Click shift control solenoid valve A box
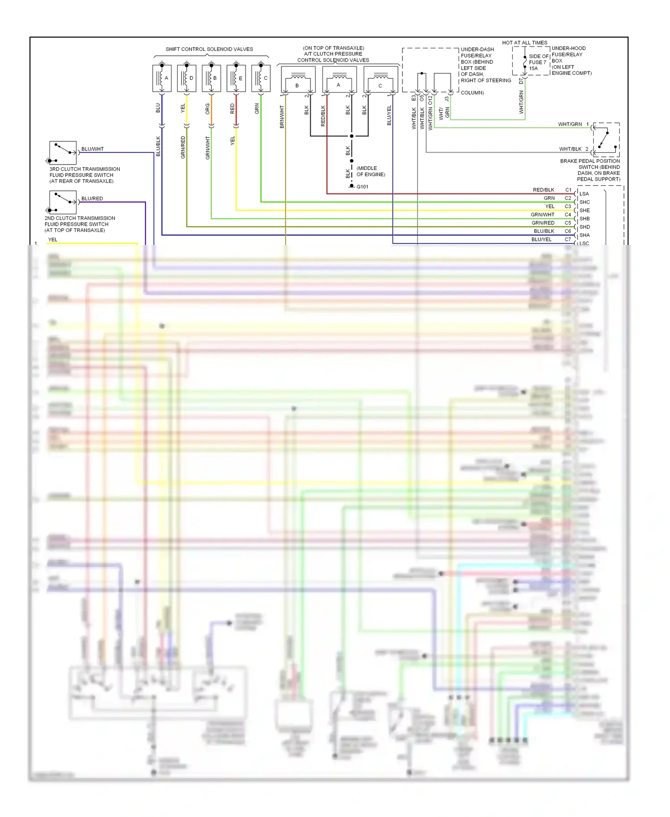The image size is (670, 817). point(162,78)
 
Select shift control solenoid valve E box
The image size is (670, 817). point(236,78)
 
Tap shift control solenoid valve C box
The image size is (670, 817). point(261,78)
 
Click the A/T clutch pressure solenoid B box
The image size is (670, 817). point(298,80)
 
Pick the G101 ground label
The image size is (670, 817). point(362,187)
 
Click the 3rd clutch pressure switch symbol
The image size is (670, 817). point(63,153)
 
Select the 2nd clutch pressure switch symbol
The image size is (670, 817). point(63,202)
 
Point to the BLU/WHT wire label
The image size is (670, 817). point(92,149)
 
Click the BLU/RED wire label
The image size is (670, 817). point(92,198)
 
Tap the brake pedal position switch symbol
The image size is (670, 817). point(606,139)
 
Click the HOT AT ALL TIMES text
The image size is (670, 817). point(524,43)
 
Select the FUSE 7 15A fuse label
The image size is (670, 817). point(537,63)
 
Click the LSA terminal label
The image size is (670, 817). point(584,194)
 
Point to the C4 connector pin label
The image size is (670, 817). point(568,215)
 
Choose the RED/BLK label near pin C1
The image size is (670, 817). point(543,190)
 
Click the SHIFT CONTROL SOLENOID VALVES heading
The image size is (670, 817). point(209,49)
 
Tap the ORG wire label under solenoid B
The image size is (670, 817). point(208,109)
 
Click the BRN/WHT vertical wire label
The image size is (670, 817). point(282,117)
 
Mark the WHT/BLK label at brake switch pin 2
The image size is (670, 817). point(570,149)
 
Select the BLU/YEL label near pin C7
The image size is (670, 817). point(541,240)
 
